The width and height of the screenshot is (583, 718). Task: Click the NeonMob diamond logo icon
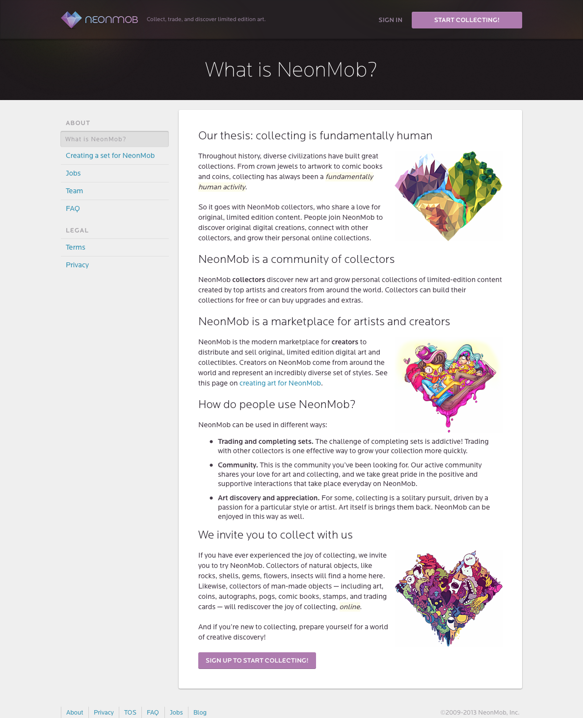coord(71,20)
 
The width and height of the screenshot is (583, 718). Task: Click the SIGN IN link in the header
coord(390,20)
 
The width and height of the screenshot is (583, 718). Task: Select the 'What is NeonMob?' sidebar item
coord(114,139)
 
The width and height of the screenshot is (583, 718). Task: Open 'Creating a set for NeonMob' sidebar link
coord(110,155)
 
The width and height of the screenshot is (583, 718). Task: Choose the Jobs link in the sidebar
coord(73,173)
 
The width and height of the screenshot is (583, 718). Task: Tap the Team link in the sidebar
coord(74,191)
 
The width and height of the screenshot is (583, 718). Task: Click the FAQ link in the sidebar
coord(73,208)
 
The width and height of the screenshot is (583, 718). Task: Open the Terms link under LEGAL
coord(76,247)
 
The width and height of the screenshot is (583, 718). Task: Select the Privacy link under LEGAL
coord(77,265)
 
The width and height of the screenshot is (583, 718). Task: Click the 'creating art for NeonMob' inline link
coord(280,383)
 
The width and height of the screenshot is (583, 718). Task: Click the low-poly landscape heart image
coord(449,196)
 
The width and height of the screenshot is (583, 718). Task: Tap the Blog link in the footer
coord(200,713)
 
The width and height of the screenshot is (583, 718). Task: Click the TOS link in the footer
coord(130,713)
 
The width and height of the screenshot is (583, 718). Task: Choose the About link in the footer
coord(75,713)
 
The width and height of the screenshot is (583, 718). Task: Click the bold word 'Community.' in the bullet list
coord(238,465)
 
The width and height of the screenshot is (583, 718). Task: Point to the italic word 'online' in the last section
coord(350,607)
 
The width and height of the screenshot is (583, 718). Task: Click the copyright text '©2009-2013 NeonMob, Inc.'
coord(479,713)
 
